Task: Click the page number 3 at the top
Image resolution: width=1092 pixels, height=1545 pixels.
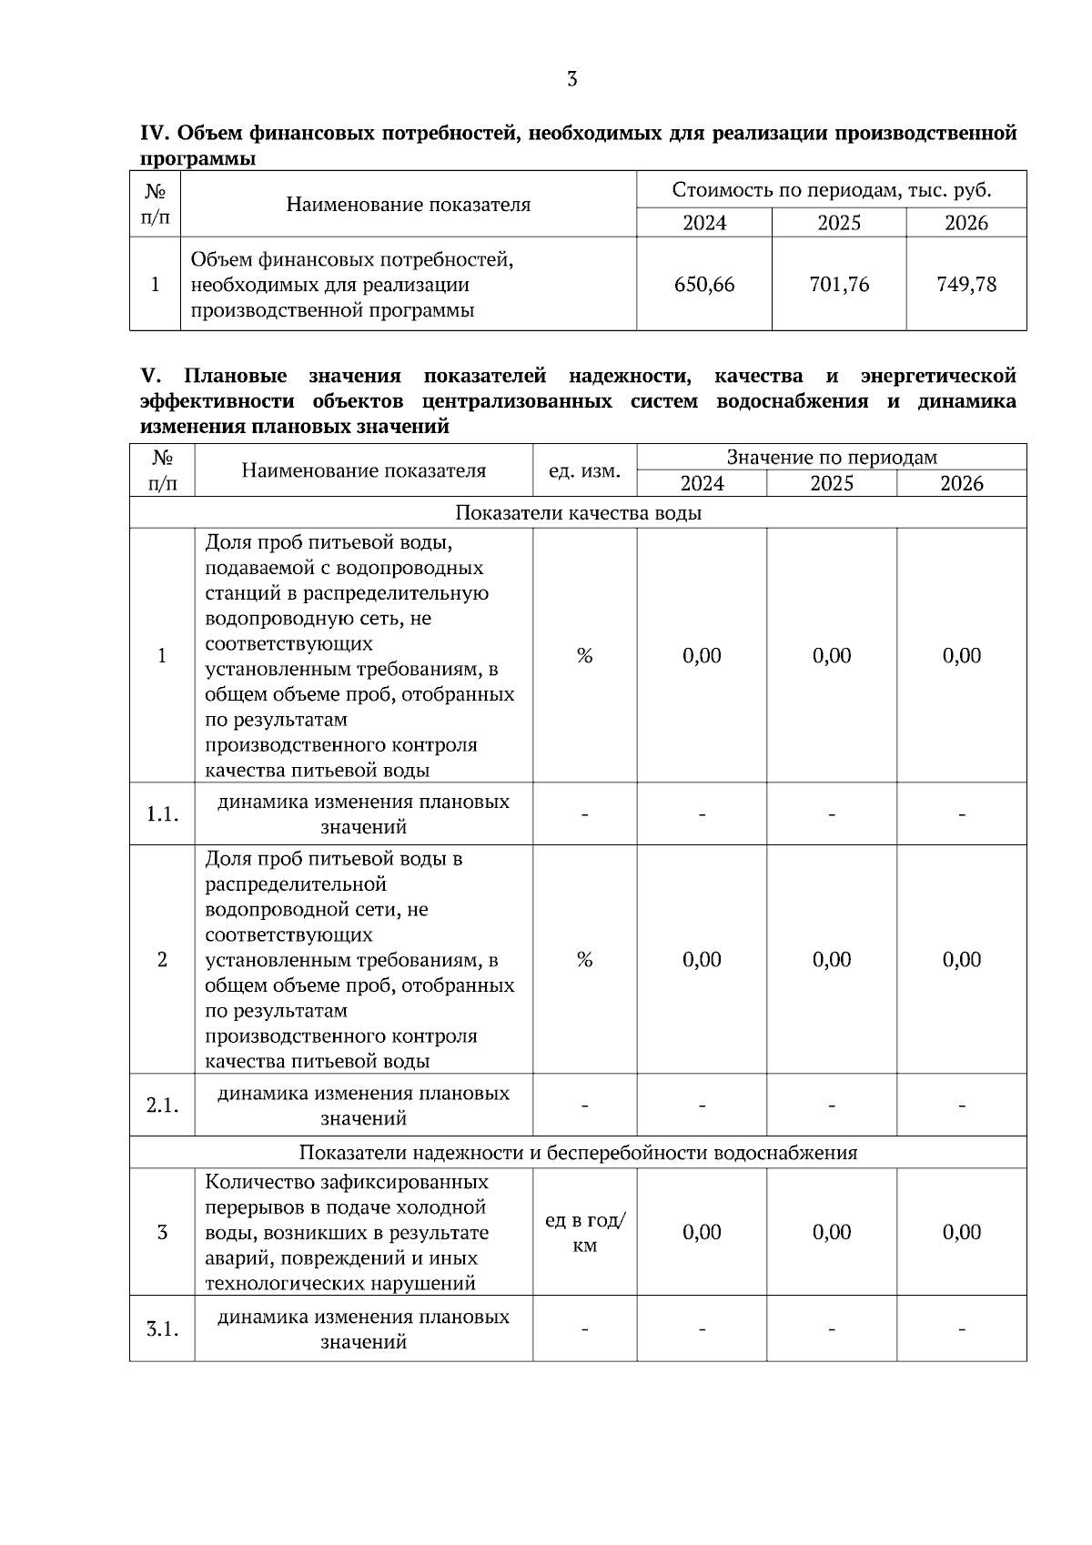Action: point(571,79)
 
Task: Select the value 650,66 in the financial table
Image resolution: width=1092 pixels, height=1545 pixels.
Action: point(703,285)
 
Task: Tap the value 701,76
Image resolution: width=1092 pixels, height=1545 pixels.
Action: point(839,285)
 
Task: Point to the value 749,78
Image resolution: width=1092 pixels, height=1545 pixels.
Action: point(966,285)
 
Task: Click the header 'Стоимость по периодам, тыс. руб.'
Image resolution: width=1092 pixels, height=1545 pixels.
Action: point(831,190)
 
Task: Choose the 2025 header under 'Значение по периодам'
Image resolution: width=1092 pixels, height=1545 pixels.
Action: point(832,483)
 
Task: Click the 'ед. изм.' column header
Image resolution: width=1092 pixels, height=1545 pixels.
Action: point(584,470)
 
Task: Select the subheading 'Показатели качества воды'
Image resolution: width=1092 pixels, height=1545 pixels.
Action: point(578,513)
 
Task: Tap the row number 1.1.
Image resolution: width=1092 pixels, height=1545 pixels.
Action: point(162,814)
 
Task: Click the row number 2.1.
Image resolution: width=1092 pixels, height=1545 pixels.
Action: point(162,1106)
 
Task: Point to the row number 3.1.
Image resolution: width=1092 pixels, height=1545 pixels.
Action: point(162,1328)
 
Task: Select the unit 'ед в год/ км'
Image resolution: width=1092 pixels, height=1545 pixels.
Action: point(584,1233)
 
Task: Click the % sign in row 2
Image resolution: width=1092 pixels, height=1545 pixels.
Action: point(584,960)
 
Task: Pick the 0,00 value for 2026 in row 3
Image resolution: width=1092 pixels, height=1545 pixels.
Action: point(962,1232)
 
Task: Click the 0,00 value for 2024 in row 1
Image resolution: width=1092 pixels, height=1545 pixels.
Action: point(702,656)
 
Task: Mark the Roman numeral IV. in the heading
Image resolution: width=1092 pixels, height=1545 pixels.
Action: point(155,134)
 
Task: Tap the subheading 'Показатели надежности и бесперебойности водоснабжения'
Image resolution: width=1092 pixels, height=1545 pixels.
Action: point(578,1153)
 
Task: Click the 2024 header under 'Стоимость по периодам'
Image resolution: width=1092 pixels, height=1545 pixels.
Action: point(703,223)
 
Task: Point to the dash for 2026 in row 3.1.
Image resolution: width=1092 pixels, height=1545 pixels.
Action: point(962,1329)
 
